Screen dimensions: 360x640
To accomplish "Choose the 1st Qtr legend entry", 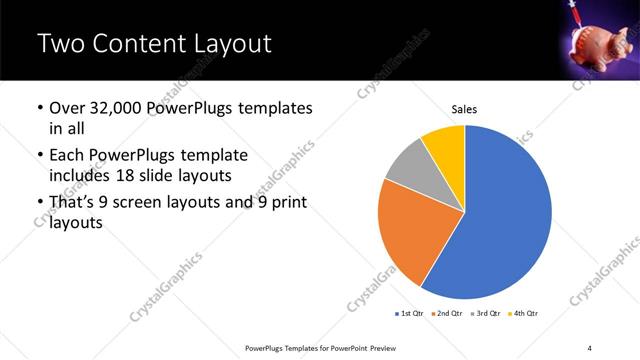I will tap(411, 314).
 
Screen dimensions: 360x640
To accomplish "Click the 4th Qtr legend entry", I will tap(527, 314).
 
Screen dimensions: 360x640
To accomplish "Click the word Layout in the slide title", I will tap(223, 44).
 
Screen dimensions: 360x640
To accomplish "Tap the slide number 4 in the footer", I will tap(590, 346).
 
